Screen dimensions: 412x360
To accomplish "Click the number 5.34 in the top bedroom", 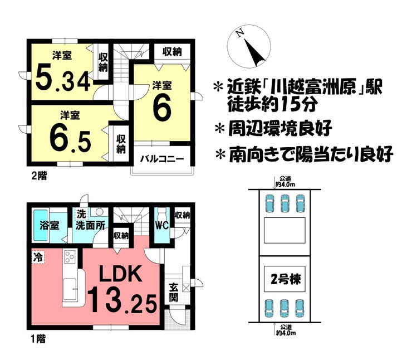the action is pyautogui.click(x=63, y=77).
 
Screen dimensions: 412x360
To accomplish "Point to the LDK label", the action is pyautogui.click(x=121, y=274).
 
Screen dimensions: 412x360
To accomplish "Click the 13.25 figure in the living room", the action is pyautogui.click(x=122, y=300).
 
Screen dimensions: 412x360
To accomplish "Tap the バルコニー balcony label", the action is pyautogui.click(x=162, y=159).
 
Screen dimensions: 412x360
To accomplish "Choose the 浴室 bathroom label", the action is pyautogui.click(x=50, y=225).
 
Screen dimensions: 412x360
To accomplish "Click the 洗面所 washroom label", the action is pyautogui.click(x=90, y=225).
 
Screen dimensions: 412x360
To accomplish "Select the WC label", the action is pyautogui.click(x=161, y=225).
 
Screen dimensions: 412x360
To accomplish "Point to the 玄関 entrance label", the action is pyautogui.click(x=174, y=292).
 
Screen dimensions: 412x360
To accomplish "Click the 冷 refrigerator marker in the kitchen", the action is pyautogui.click(x=38, y=257).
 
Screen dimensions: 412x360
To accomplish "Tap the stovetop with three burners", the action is pyautogui.click(x=70, y=256).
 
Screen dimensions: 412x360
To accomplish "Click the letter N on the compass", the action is pyautogui.click(x=239, y=33).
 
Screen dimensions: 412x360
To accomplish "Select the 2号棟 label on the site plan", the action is pyautogui.click(x=286, y=279).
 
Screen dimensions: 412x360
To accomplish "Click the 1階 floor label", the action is pyautogui.click(x=38, y=339).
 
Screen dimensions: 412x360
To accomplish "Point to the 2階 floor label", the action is pyautogui.click(x=40, y=176).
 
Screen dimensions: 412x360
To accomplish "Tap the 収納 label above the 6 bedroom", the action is pyautogui.click(x=172, y=52).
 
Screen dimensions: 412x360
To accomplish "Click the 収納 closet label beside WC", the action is pyautogui.click(x=183, y=215).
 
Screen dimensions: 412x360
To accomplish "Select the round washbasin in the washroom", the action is pyautogui.click(x=100, y=212).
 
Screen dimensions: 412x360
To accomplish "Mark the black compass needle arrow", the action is pyautogui.click(x=255, y=53).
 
